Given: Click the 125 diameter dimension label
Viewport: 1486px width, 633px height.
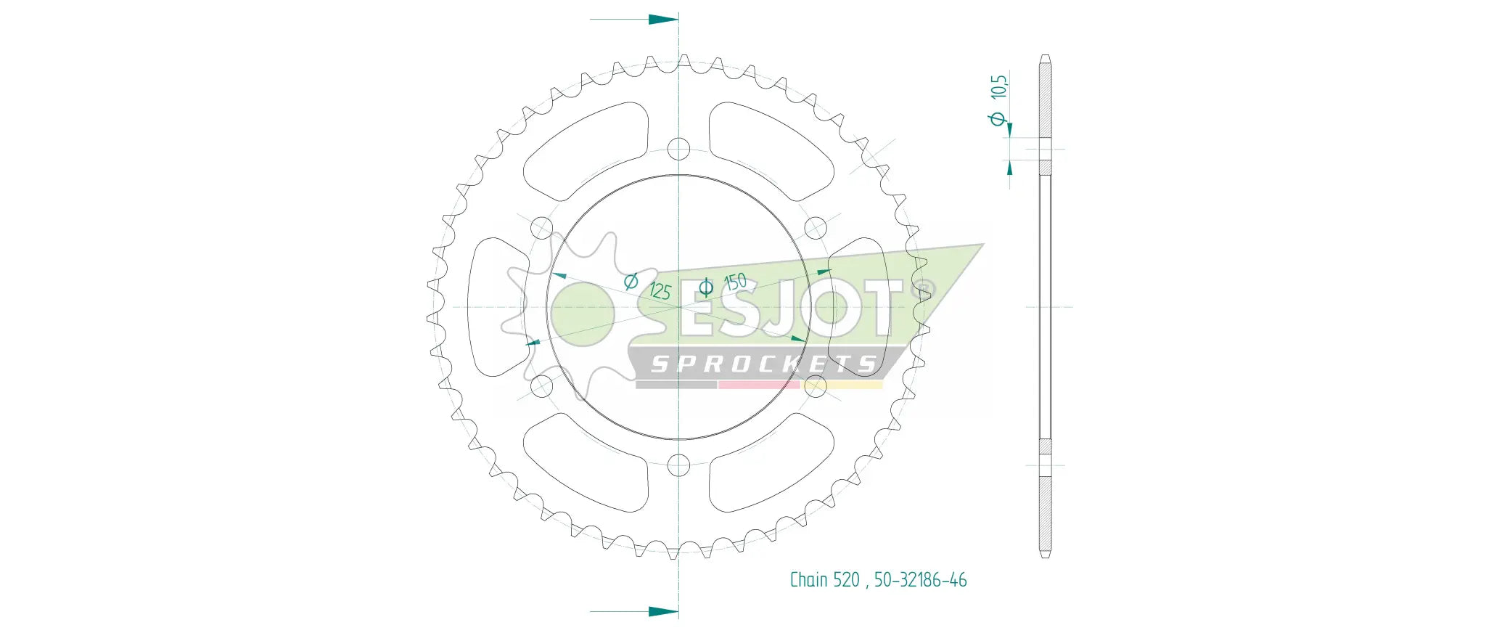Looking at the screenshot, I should [660, 290].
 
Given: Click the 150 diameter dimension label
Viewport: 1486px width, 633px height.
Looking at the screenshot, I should [735, 282].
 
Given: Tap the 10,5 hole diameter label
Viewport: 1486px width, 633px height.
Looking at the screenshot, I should [999, 87].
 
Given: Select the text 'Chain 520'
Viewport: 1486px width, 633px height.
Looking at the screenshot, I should [824, 580].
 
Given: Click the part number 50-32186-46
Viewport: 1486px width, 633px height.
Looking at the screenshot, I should [920, 580].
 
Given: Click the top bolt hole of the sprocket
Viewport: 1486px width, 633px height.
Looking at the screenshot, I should [678, 149].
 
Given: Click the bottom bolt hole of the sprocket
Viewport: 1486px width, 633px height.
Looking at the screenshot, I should [678, 465].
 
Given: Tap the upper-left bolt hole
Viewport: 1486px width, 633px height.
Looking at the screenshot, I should [542, 228].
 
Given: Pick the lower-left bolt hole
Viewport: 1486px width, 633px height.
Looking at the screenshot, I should [542, 386].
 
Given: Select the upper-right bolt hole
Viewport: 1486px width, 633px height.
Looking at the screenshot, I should [816, 228].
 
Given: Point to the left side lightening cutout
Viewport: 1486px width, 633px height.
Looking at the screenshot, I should [498, 307].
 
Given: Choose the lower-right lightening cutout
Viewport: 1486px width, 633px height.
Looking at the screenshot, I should [769, 463].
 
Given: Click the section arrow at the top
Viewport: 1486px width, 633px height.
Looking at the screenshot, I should [662, 19].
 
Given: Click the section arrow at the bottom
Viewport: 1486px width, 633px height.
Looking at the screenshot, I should [662, 611].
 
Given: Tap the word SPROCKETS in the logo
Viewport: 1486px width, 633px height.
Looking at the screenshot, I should [763, 364].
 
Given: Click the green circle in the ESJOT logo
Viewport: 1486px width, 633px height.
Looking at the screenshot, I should [583, 314].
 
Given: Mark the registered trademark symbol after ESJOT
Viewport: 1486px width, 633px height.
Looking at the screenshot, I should [925, 289].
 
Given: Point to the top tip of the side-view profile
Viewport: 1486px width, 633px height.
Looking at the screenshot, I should [1045, 56].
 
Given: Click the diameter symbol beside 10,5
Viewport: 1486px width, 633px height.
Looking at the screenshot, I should [998, 118].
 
